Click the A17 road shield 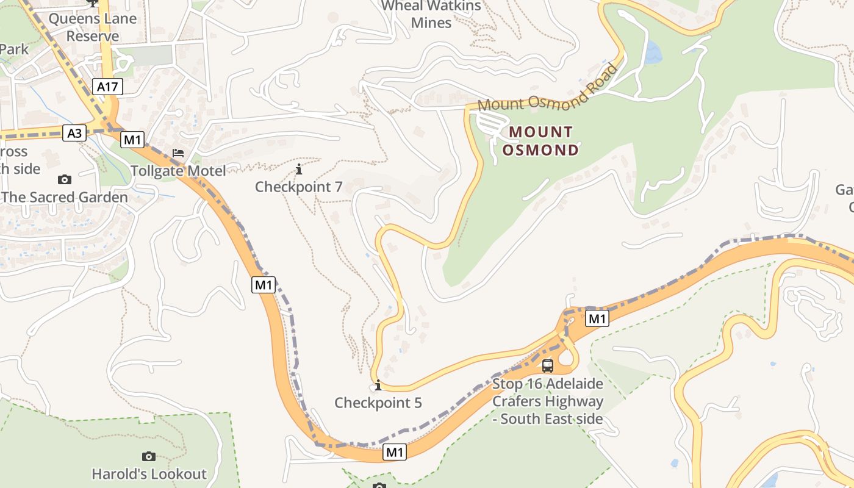pos(107,87)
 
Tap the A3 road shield pos(74,133)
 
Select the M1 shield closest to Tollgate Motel pos(132,140)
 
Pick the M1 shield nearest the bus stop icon pos(597,318)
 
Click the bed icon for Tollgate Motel pos(178,153)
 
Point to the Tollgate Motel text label pos(178,171)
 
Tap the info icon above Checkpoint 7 pos(299,169)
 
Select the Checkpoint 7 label pos(299,187)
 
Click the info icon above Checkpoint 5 pos(378,385)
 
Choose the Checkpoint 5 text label pos(378,403)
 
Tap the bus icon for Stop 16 pos(548,366)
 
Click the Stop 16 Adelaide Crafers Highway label pos(548,401)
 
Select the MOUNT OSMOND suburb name pos(541,141)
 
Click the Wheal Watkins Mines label pos(431,14)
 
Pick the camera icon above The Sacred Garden pos(64,179)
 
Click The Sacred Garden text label pos(65,197)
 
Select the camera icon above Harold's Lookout pos(149,456)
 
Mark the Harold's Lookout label pos(149,473)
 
